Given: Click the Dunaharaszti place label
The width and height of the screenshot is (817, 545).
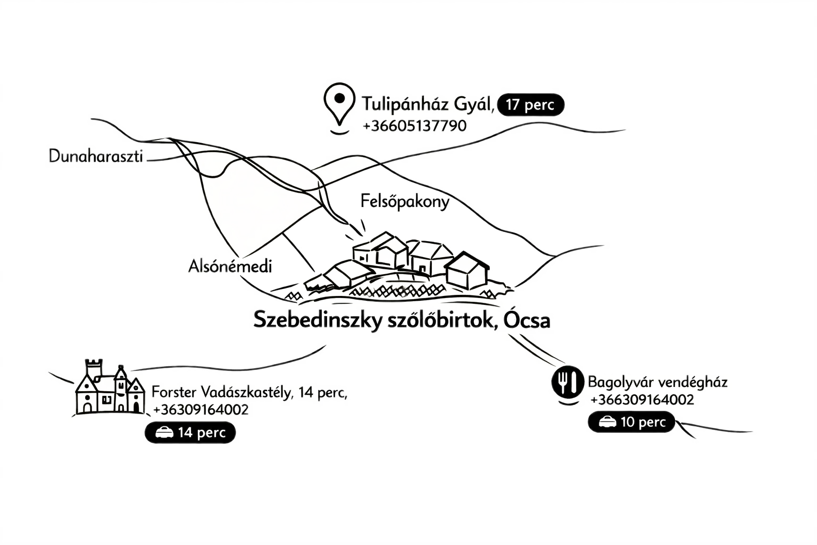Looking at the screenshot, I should coord(96,157).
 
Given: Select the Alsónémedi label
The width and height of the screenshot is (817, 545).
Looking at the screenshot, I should coord(230,267).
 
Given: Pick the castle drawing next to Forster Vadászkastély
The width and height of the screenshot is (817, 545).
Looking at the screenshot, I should coord(110,389).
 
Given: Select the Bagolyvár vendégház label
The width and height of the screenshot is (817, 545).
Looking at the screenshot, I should coord(657,382).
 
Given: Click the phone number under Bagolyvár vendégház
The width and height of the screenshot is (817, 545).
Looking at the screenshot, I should coord(642,399).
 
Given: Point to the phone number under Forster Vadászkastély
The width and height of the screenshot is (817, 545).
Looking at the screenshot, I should coord(201,410).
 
